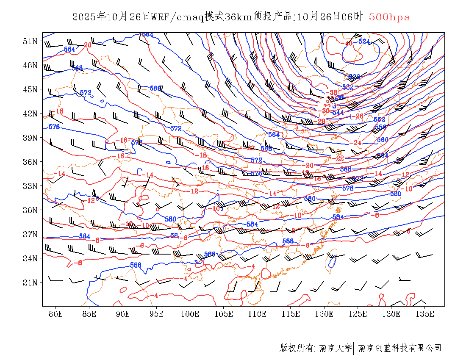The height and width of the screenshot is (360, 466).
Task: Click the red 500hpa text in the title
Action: click(x=389, y=17)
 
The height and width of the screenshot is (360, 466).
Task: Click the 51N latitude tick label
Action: click(x=30, y=41)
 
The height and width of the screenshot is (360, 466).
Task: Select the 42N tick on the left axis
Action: click(x=30, y=114)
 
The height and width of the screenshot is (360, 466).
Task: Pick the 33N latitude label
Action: click(x=30, y=186)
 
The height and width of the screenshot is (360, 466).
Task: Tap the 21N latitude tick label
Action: click(x=30, y=282)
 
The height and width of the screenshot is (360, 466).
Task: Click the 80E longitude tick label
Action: click(x=56, y=314)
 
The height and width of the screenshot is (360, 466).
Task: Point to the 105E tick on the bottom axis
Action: click(x=224, y=314)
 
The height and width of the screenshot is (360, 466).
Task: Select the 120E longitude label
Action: click(x=325, y=314)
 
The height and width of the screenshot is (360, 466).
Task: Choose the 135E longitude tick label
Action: click(x=425, y=314)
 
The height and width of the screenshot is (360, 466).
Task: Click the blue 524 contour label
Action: click(x=364, y=42)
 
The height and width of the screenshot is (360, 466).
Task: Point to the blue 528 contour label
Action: click(x=354, y=77)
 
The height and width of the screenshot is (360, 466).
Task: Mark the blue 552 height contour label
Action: click(x=379, y=120)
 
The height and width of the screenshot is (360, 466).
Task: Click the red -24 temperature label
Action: click(x=357, y=143)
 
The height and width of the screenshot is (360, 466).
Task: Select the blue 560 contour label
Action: click(x=383, y=140)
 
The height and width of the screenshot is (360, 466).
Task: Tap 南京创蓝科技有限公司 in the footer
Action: click(x=400, y=348)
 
